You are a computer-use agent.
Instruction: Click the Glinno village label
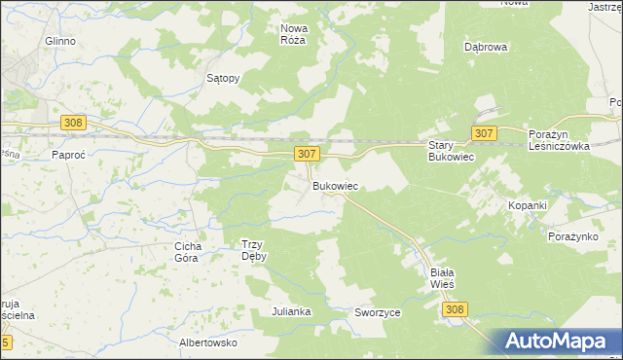point(59,42)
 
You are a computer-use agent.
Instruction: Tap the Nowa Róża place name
point(293,34)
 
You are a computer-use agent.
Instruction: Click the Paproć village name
point(70,154)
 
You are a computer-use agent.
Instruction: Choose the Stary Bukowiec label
point(451,150)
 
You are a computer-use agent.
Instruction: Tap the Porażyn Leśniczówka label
point(561,140)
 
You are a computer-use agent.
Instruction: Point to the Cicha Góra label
point(187,252)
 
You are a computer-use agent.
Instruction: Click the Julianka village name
point(291,311)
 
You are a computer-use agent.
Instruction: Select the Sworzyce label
point(378,312)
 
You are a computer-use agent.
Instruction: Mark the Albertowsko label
point(208,342)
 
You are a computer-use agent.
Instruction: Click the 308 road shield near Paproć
point(73,123)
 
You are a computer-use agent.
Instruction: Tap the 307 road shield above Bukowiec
point(306,154)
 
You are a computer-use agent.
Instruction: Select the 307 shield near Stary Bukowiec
point(484,132)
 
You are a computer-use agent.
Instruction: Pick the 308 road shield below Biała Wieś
point(454,308)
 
